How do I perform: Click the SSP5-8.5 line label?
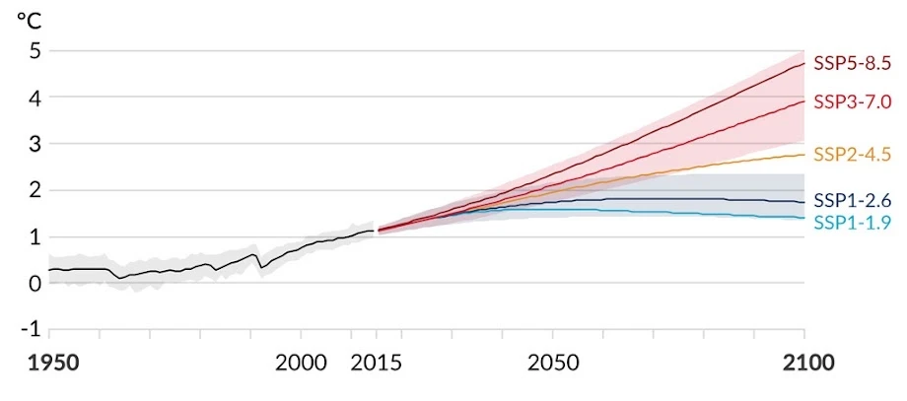(x=852, y=63)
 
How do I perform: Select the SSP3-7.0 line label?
(x=852, y=100)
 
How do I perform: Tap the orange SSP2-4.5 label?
(x=852, y=154)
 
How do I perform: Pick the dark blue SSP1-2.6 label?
(x=852, y=201)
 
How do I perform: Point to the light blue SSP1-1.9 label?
(x=852, y=223)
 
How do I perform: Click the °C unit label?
(x=29, y=19)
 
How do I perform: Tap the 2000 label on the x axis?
(x=302, y=363)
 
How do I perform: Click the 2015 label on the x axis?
(x=376, y=363)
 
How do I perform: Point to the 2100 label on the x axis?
(x=804, y=363)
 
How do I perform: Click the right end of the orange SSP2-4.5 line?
(x=804, y=154)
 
